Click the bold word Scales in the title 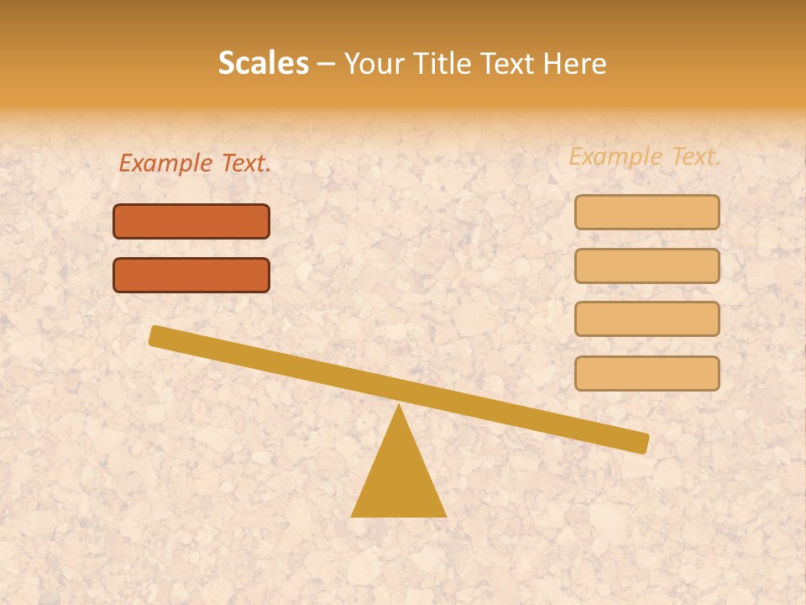coord(263,63)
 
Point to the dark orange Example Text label coord(195,163)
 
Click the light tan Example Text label coord(645,156)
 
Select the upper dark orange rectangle coord(191,221)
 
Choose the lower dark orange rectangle coord(191,275)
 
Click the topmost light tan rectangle coord(646,212)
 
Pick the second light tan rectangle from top coord(646,266)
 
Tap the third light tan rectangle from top coord(646,318)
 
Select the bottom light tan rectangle coord(646,373)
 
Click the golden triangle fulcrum coord(399,479)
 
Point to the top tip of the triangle coord(399,407)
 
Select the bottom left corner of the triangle coord(353,515)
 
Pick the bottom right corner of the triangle coord(445,515)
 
